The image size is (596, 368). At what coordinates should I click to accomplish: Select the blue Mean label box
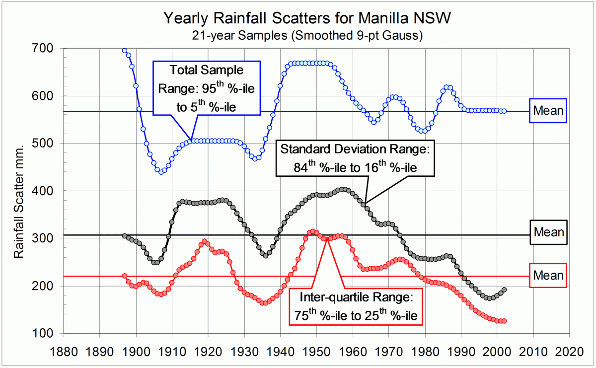548,110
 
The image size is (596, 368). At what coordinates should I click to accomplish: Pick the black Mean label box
548,232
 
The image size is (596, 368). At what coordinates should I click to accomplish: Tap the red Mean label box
548,275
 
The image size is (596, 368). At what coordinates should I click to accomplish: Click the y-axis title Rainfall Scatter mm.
18,190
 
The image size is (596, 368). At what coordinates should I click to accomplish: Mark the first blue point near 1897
124,51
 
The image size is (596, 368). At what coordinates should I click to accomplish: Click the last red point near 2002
504,321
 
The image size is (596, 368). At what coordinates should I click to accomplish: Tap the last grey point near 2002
504,290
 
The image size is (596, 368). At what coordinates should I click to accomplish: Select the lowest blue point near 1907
160,172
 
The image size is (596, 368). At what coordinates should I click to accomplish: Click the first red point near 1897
124,276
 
